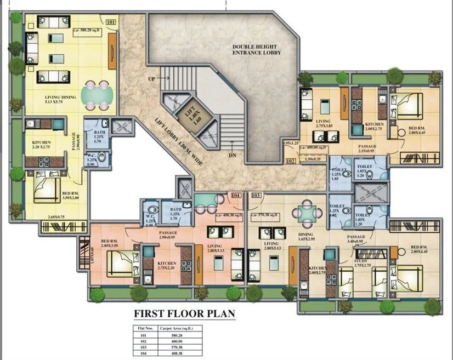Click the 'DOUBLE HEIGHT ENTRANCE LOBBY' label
pyautogui.click(x=256, y=49)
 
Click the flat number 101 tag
pyautogui.click(x=110, y=22)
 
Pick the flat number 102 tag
pyautogui.click(x=291, y=162)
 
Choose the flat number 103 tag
pyautogui.click(x=255, y=195)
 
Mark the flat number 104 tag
pyautogui.click(x=236, y=195)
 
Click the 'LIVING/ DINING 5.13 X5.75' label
pyautogui.click(x=61, y=101)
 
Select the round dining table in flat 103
pyautogui.click(x=304, y=213)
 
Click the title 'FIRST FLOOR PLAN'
pyautogui.click(x=185, y=314)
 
